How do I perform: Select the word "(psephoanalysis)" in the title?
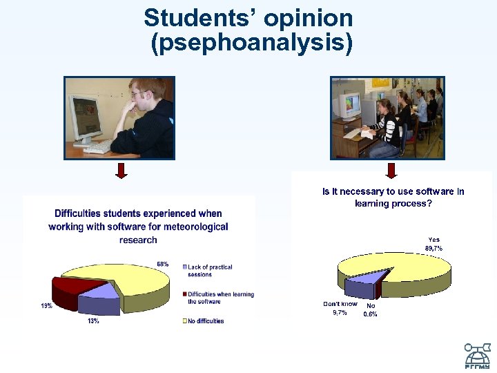(251, 44)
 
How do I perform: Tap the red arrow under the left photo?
(121, 170)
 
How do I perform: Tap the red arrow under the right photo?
(391, 170)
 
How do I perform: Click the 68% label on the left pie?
(163, 264)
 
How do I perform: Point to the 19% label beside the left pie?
(46, 305)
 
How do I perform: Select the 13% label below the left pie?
(92, 321)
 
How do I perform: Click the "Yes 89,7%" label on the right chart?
(433, 244)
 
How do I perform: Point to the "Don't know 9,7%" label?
(340, 308)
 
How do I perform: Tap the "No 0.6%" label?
(371, 309)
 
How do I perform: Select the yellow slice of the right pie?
(393, 266)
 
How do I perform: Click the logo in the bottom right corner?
(476, 356)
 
